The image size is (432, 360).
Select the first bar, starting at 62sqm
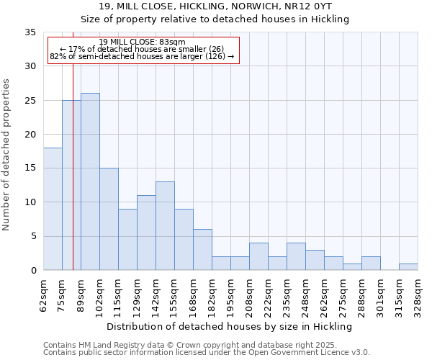click(53, 209)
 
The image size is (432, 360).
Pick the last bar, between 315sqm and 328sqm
click(408, 266)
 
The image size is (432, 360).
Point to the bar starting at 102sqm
click(109, 219)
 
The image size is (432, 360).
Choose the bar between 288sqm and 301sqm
click(371, 263)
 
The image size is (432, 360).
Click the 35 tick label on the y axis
click(30, 32)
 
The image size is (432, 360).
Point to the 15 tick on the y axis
click(30, 168)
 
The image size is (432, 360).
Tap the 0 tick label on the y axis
click(33, 271)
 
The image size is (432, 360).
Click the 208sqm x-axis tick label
click(249, 295)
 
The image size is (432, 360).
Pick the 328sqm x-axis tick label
click(418, 295)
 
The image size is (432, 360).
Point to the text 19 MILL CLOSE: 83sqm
click(142, 42)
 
